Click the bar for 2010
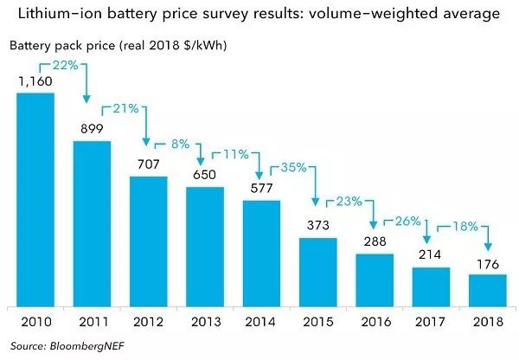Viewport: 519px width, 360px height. tap(35, 199)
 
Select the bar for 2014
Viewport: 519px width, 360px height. tap(261, 253)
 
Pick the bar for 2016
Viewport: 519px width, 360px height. tap(375, 280)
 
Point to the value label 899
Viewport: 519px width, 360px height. tap(92, 130)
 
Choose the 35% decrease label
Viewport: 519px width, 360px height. tap(292, 167)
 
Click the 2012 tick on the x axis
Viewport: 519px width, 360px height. tap(148, 323)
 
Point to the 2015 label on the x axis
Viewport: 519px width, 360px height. tap(318, 323)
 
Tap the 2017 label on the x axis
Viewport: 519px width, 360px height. tap(431, 323)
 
